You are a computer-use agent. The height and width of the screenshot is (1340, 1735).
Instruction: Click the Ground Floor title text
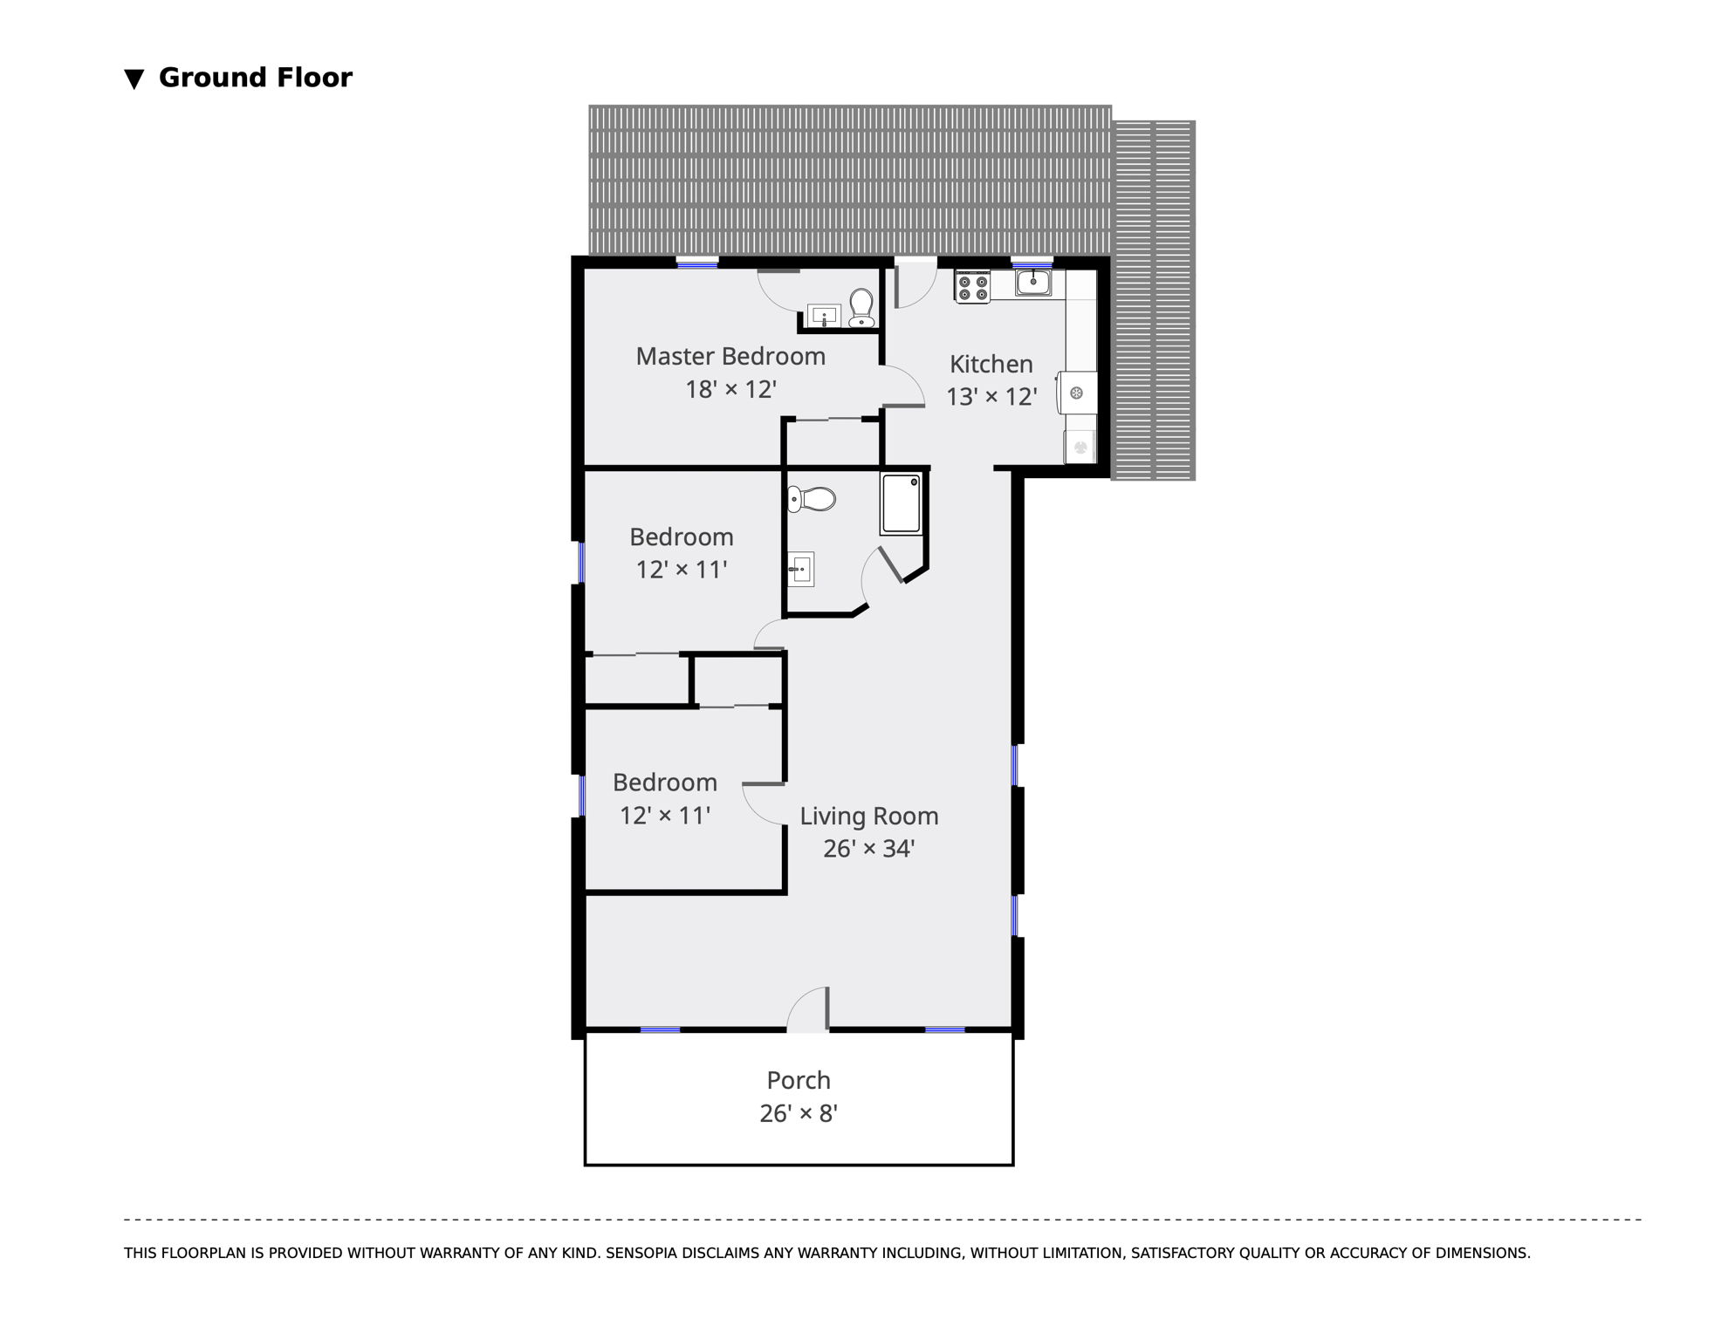(256, 78)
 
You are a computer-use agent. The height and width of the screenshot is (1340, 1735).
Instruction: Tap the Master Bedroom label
(730, 356)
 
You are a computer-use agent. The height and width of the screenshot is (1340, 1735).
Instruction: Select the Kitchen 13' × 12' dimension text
(991, 397)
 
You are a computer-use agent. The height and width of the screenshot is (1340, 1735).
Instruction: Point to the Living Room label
(869, 816)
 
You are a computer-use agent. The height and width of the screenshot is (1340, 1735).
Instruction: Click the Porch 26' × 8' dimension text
(799, 1114)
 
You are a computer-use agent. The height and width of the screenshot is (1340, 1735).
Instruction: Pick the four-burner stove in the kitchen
(972, 288)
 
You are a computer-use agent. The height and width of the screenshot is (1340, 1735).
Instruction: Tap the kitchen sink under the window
(1033, 282)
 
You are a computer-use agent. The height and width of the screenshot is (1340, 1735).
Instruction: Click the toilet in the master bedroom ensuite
(861, 308)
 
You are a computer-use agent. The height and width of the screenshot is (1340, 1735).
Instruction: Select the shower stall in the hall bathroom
(901, 503)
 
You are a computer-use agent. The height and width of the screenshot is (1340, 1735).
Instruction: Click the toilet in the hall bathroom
(812, 500)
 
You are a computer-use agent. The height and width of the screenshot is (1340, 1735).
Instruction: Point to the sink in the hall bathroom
(801, 570)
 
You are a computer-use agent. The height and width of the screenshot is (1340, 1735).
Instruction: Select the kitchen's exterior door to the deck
(916, 283)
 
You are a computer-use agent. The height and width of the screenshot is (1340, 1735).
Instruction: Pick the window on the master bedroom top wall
(697, 262)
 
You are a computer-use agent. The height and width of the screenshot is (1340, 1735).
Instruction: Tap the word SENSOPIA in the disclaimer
(641, 1253)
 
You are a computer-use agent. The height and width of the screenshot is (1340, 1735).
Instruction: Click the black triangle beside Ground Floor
(134, 79)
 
